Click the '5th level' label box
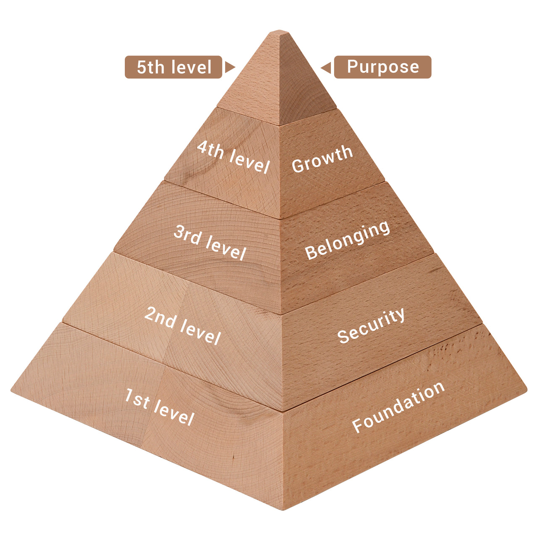pyautogui.click(x=173, y=67)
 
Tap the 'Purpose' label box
pyautogui.click(x=382, y=67)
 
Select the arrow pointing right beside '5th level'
pyautogui.click(x=229, y=67)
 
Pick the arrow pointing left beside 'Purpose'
pyautogui.click(x=326, y=67)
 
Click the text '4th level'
pyautogui.click(x=233, y=157)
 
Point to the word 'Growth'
pyautogui.click(x=322, y=158)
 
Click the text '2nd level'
pyautogui.click(x=182, y=325)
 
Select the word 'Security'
pyautogui.click(x=371, y=325)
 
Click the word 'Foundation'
pyautogui.click(x=398, y=406)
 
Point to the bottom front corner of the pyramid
pyautogui.click(x=283, y=509)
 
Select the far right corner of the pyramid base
pyautogui.click(x=526, y=390)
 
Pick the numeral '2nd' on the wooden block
pyautogui.click(x=160, y=317)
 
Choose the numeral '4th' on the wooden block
pyautogui.click(x=210, y=149)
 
